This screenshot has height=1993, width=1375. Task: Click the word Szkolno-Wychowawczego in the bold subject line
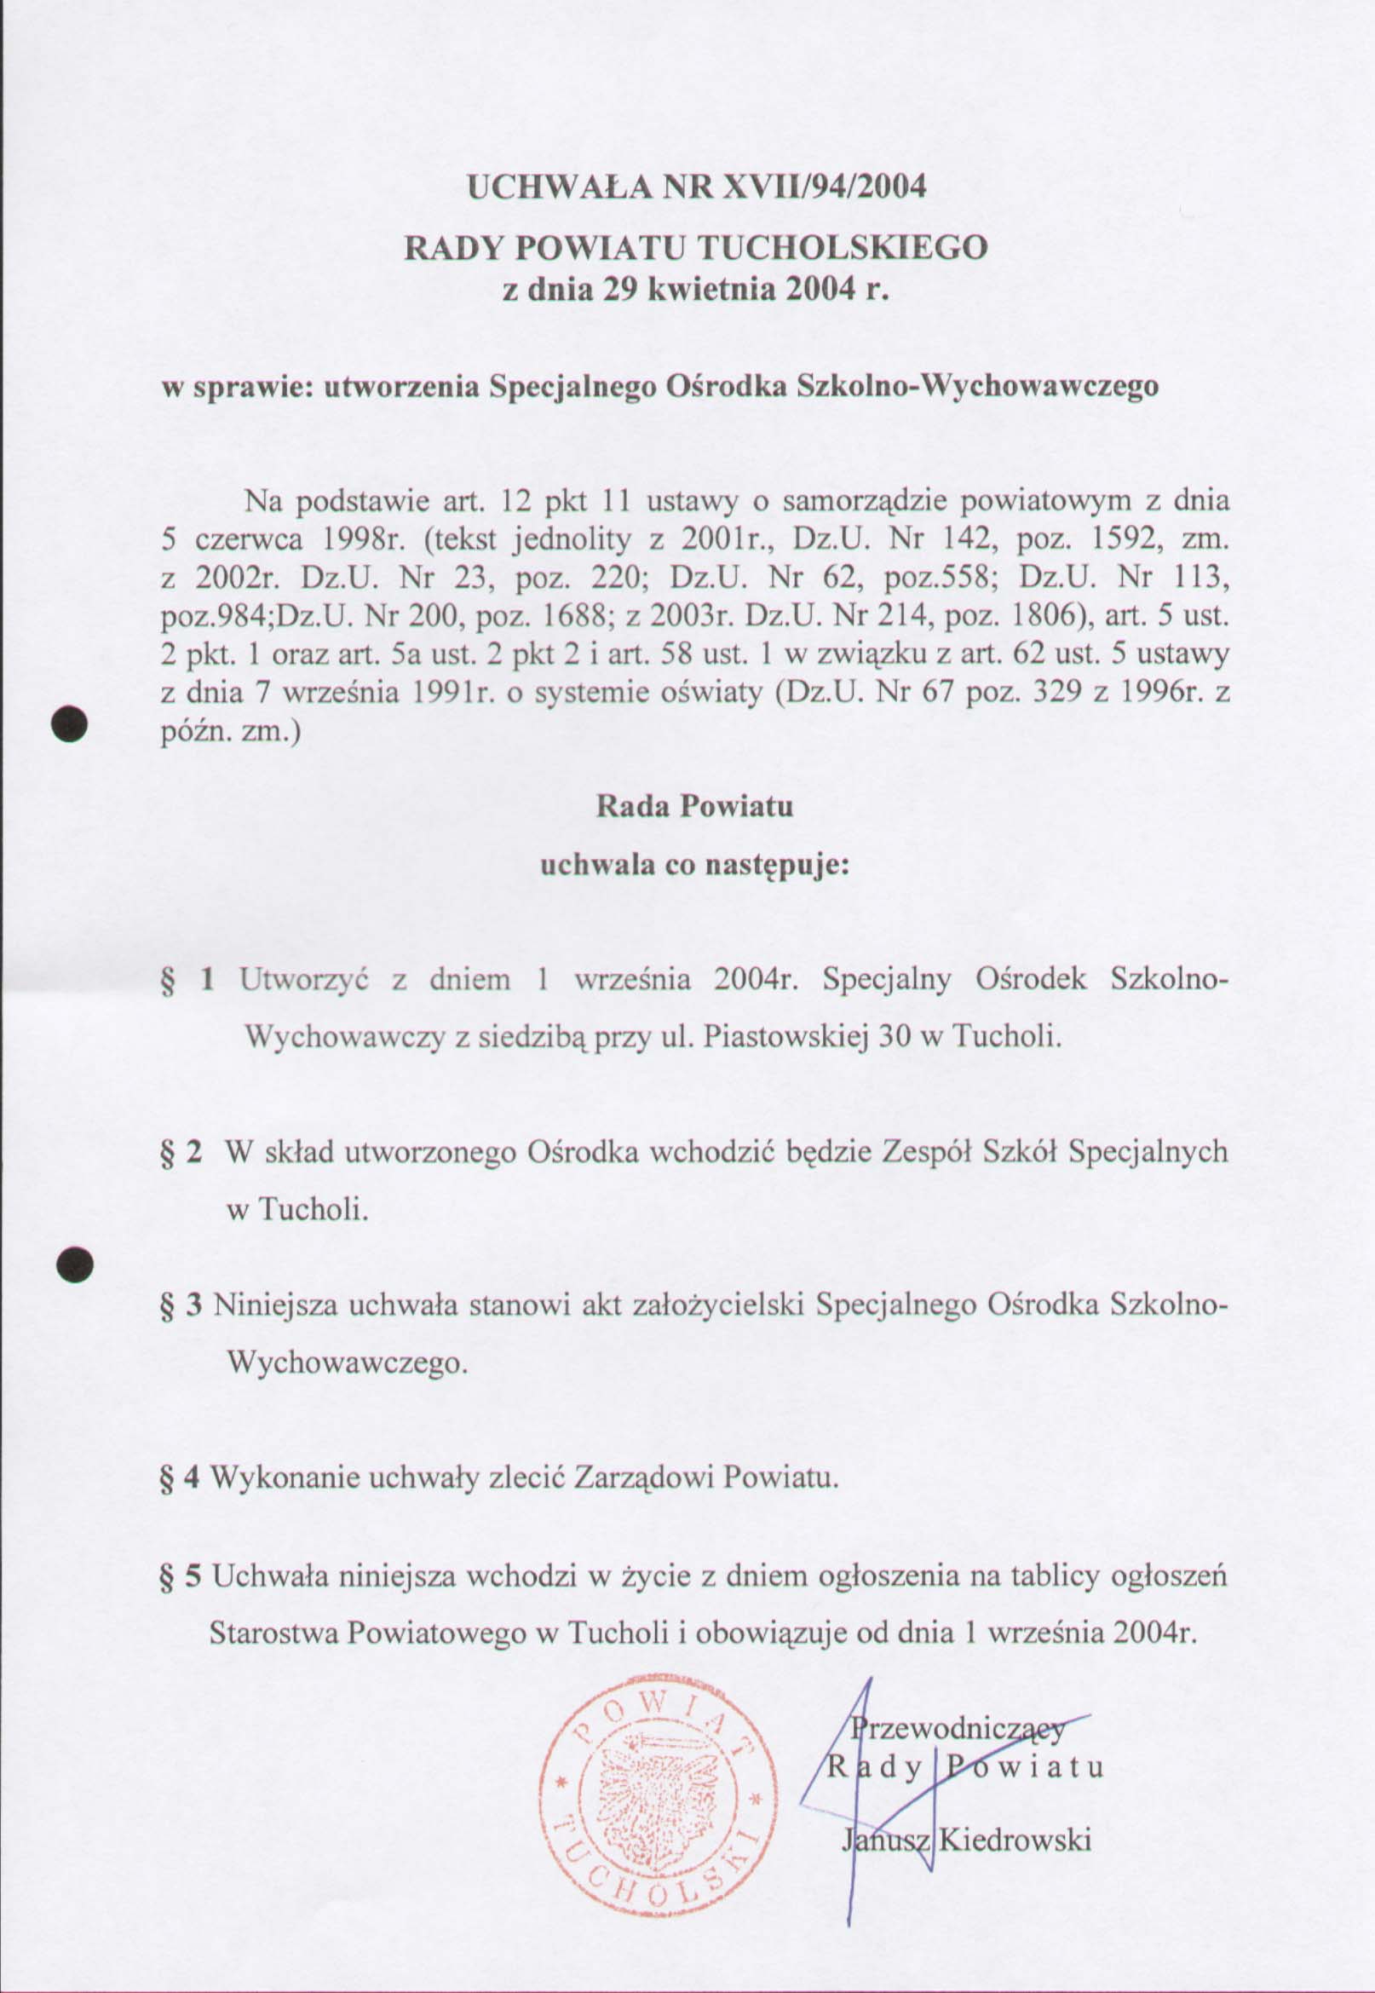pos(979,386)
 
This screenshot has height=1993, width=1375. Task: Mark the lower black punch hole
pos(72,1266)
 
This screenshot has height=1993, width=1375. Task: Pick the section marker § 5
pos(181,1577)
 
